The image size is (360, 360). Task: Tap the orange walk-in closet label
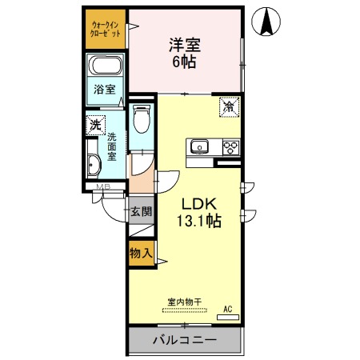pyautogui.click(x=106, y=29)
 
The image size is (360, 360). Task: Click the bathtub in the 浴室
pyautogui.click(x=106, y=68)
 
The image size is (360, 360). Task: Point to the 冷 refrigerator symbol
pyautogui.click(x=230, y=106)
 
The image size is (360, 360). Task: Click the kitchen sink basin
pyautogui.click(x=198, y=146)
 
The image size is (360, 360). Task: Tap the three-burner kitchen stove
pyautogui.click(x=230, y=146)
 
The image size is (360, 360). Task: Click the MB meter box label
pyautogui.click(x=102, y=188)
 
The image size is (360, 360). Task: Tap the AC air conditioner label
pyautogui.click(x=227, y=308)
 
